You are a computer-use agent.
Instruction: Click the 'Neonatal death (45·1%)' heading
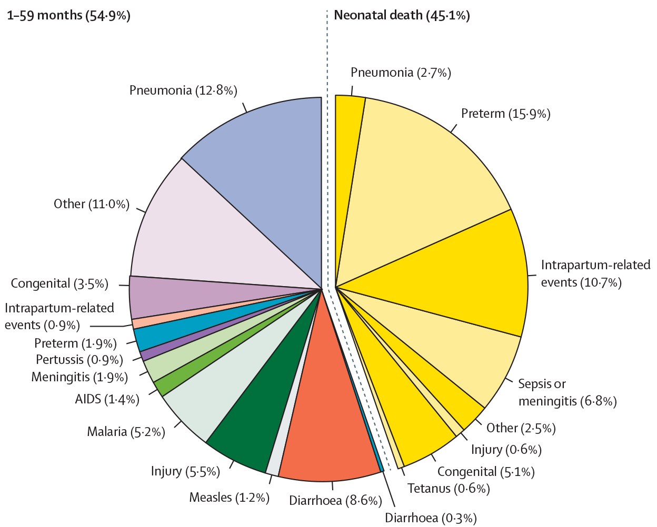pyautogui.click(x=402, y=15)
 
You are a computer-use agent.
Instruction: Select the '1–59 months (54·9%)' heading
pyautogui.click(x=68, y=15)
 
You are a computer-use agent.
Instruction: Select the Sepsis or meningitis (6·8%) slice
pyautogui.click(x=463, y=358)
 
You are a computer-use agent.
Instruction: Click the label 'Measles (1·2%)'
pyautogui.click(x=229, y=497)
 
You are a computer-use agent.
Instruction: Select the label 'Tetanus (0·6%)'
pyautogui.click(x=449, y=489)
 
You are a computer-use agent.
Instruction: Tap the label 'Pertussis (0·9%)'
pyautogui.click(x=79, y=360)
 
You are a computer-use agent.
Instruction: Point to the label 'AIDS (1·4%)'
pyautogui.click(x=107, y=399)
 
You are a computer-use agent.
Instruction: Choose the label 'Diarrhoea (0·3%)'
pyautogui.click(x=431, y=518)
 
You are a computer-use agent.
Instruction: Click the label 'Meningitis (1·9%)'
pyautogui.click(x=79, y=377)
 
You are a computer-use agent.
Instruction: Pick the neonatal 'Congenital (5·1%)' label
pyautogui.click(x=485, y=472)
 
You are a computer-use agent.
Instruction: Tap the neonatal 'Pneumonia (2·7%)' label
pyautogui.click(x=401, y=73)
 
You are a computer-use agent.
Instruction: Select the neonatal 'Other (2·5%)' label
pyautogui.click(x=521, y=428)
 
